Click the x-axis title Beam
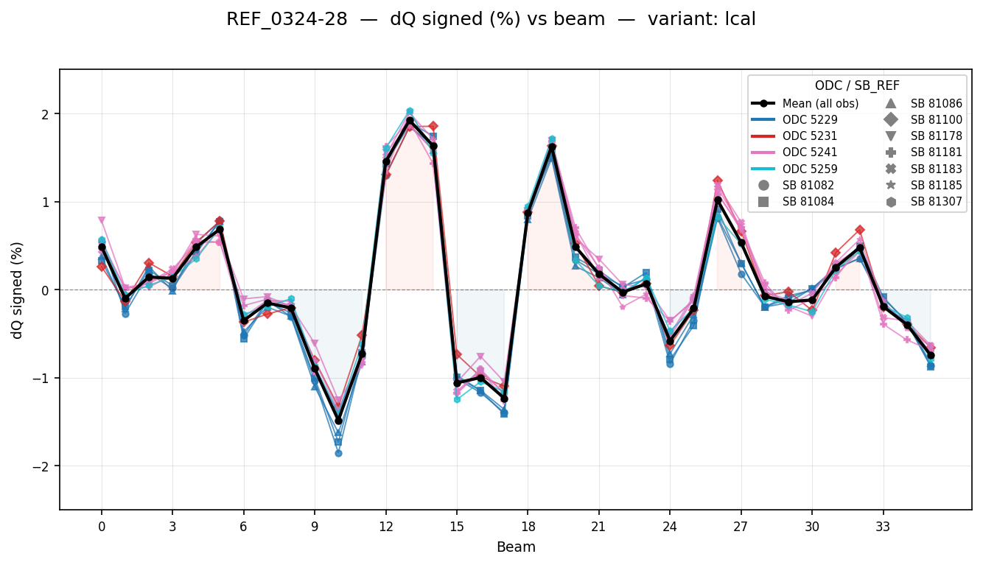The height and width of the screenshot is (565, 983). pos(516,547)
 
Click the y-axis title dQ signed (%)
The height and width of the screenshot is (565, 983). pos(17,290)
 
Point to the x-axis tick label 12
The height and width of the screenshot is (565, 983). pos(385,527)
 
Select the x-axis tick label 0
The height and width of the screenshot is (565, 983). pos(102,527)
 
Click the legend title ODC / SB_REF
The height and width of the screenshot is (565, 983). pos(857,85)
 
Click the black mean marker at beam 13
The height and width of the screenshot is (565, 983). pos(410,121)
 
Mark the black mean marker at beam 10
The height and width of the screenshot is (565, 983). pos(338,421)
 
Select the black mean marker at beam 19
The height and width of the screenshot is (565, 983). pos(552,147)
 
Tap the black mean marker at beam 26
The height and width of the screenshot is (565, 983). pos(718,200)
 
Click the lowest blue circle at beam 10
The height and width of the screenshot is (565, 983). pos(338,453)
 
